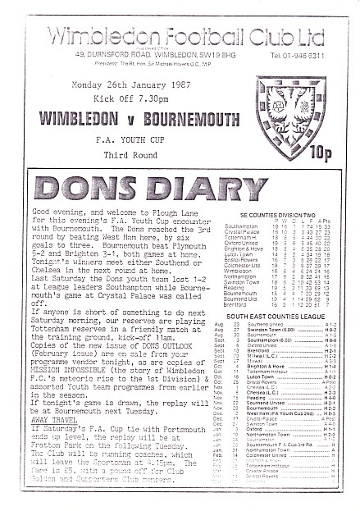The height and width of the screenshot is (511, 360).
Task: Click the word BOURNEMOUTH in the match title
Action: pyautogui.click(x=190, y=131)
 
